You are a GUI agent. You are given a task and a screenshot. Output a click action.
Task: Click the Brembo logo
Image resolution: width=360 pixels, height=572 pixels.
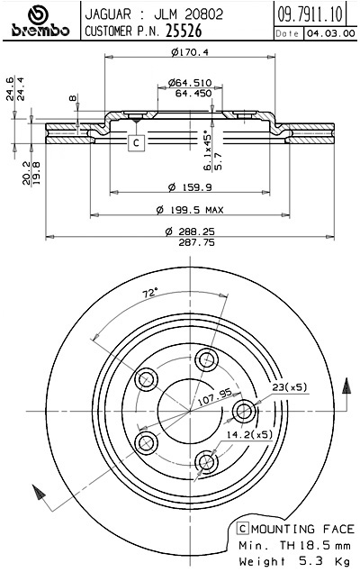point(38,22)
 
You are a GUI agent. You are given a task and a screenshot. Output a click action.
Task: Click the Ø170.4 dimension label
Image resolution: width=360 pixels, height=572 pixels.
point(189,52)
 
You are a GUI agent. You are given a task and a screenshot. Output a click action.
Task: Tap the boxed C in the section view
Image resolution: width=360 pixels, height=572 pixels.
point(135,142)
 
